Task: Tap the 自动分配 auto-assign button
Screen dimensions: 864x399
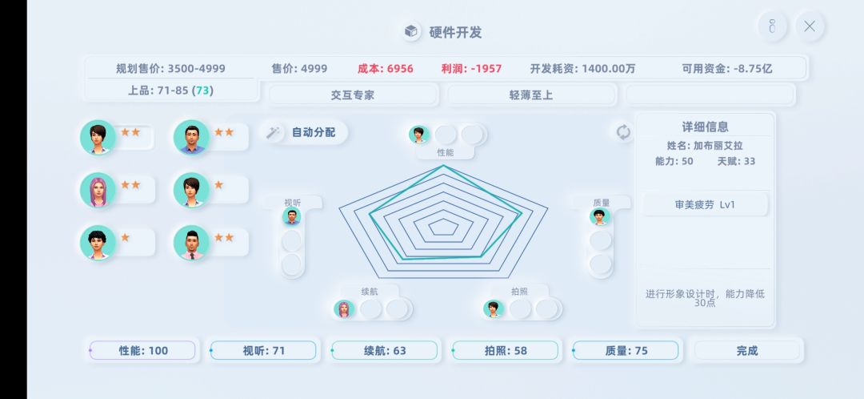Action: [x=304, y=132]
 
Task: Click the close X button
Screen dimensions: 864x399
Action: [x=810, y=26]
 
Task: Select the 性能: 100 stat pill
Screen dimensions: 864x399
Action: [x=142, y=350]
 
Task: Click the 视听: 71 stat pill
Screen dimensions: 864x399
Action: [x=263, y=350]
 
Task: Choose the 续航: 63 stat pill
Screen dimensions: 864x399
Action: [x=384, y=350]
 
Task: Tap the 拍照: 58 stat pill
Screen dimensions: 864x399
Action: [x=505, y=350]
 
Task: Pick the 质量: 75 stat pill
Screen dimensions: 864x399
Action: [x=626, y=350]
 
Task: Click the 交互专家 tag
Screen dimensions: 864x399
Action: [x=353, y=95]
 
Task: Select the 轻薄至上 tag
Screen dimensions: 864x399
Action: [x=531, y=95]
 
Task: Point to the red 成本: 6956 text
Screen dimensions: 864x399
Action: [x=385, y=68]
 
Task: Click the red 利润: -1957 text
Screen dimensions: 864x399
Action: [x=471, y=68]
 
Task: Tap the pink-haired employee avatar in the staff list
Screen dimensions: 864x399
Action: [x=98, y=190]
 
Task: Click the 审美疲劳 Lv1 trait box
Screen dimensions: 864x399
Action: [x=705, y=205]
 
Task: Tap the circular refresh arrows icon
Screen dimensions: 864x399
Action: [x=623, y=132]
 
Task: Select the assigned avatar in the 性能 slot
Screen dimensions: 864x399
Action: [x=418, y=134]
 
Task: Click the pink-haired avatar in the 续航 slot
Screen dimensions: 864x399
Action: [x=343, y=309]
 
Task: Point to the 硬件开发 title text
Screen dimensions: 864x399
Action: [x=455, y=32]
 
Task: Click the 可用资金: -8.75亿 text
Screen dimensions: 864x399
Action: [x=726, y=68]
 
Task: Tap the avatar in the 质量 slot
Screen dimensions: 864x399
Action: [x=599, y=216]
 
